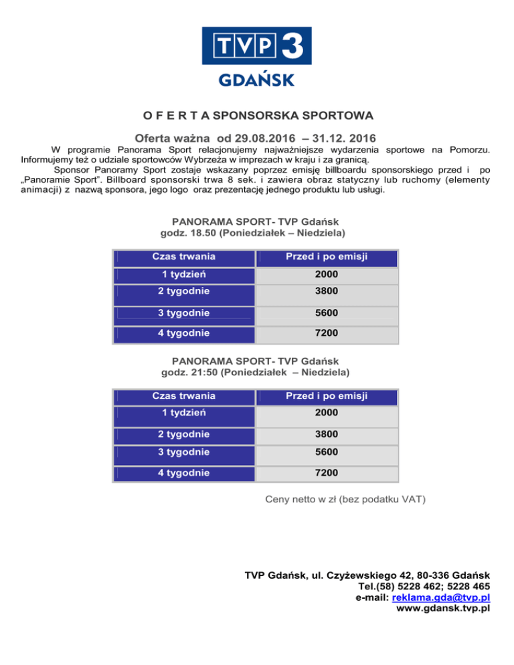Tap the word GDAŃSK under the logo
(257, 80)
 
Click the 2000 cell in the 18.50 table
(327, 274)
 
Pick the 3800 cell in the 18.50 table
(327, 291)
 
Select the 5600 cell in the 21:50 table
(327, 452)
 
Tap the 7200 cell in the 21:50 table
(327, 473)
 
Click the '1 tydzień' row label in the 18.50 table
(183, 274)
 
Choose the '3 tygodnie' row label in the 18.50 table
(183, 313)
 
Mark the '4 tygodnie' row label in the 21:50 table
(183, 473)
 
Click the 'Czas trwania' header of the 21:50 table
(183, 395)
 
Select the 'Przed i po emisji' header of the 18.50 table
(327, 257)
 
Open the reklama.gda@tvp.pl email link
(442, 597)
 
